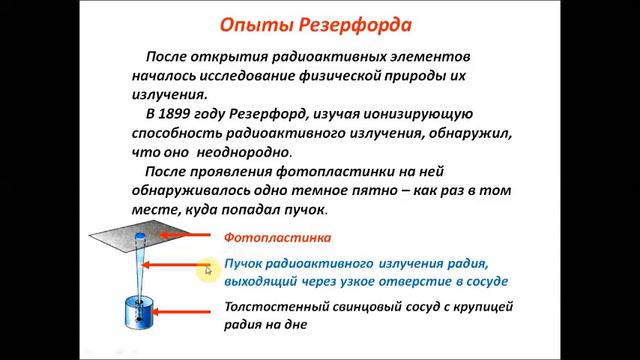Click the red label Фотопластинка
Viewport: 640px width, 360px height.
click(x=276, y=239)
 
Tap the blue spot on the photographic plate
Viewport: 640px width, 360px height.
click(x=141, y=236)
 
